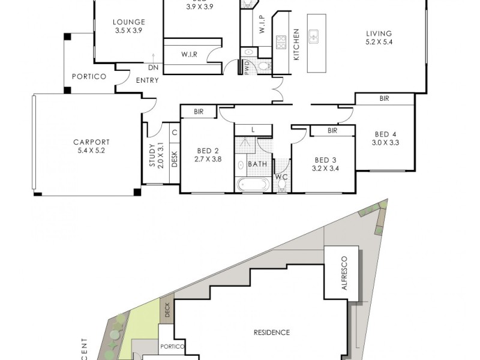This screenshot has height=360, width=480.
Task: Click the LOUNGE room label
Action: [x=129, y=23]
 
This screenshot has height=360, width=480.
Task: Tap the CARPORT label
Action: [x=92, y=142]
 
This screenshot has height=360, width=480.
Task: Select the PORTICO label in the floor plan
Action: [x=89, y=77]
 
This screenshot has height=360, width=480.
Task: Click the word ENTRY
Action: [x=148, y=80]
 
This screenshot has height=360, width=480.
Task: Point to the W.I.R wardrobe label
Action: [x=190, y=55]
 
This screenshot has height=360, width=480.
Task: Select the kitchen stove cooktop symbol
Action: [x=281, y=42]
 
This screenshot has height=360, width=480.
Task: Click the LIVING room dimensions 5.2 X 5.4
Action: [x=378, y=43]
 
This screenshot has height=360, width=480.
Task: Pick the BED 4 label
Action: [x=385, y=135]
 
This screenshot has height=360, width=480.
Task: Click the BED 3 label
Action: [x=325, y=160]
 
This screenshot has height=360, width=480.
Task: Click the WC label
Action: [x=281, y=177]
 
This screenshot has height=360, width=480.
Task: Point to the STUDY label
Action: [x=152, y=154]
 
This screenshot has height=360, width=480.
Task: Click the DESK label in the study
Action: [x=174, y=158]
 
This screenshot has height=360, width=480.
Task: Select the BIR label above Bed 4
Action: [x=384, y=98]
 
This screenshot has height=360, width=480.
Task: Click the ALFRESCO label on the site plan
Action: [x=344, y=272]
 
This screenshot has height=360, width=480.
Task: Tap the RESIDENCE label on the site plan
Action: [x=271, y=332]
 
